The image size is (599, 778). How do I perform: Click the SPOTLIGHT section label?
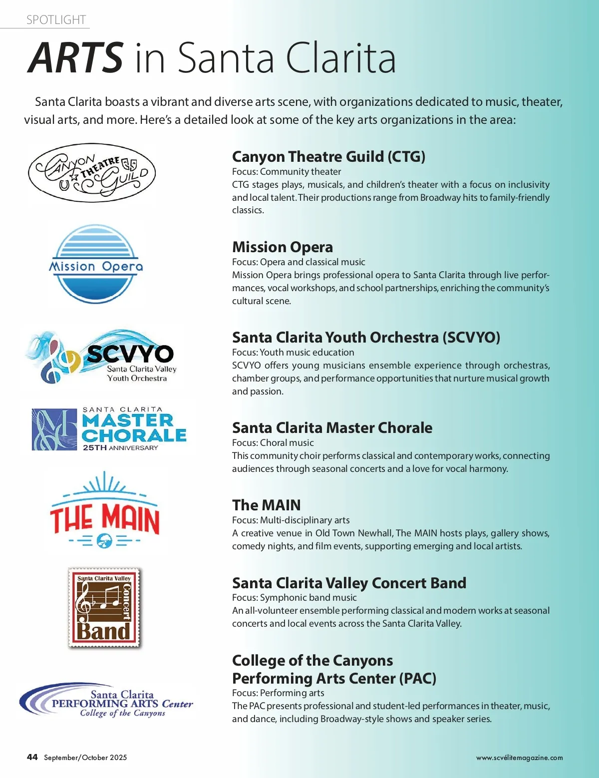point(56,20)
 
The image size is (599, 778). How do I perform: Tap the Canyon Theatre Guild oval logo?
point(92,173)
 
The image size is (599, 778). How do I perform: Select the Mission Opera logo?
point(96,265)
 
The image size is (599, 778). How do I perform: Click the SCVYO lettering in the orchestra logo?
point(130,354)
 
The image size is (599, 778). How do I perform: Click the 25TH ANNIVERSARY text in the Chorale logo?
point(120,448)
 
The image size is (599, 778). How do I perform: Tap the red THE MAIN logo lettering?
point(105,519)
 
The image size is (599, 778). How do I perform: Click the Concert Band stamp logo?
point(104,608)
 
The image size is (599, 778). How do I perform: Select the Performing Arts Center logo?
point(106,702)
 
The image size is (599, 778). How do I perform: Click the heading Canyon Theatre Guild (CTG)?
point(328,157)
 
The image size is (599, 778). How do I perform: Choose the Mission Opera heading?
point(283,247)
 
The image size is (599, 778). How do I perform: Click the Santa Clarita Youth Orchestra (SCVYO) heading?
point(366,338)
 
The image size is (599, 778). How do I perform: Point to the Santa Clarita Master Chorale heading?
point(332,428)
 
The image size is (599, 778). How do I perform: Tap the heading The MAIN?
point(267,505)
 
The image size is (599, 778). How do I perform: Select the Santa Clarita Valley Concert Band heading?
point(349,583)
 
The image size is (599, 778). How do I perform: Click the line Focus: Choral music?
point(273,443)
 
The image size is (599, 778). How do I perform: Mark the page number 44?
point(32,757)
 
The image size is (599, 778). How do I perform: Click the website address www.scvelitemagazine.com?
point(519,758)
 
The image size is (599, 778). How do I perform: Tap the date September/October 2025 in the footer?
point(85,758)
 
